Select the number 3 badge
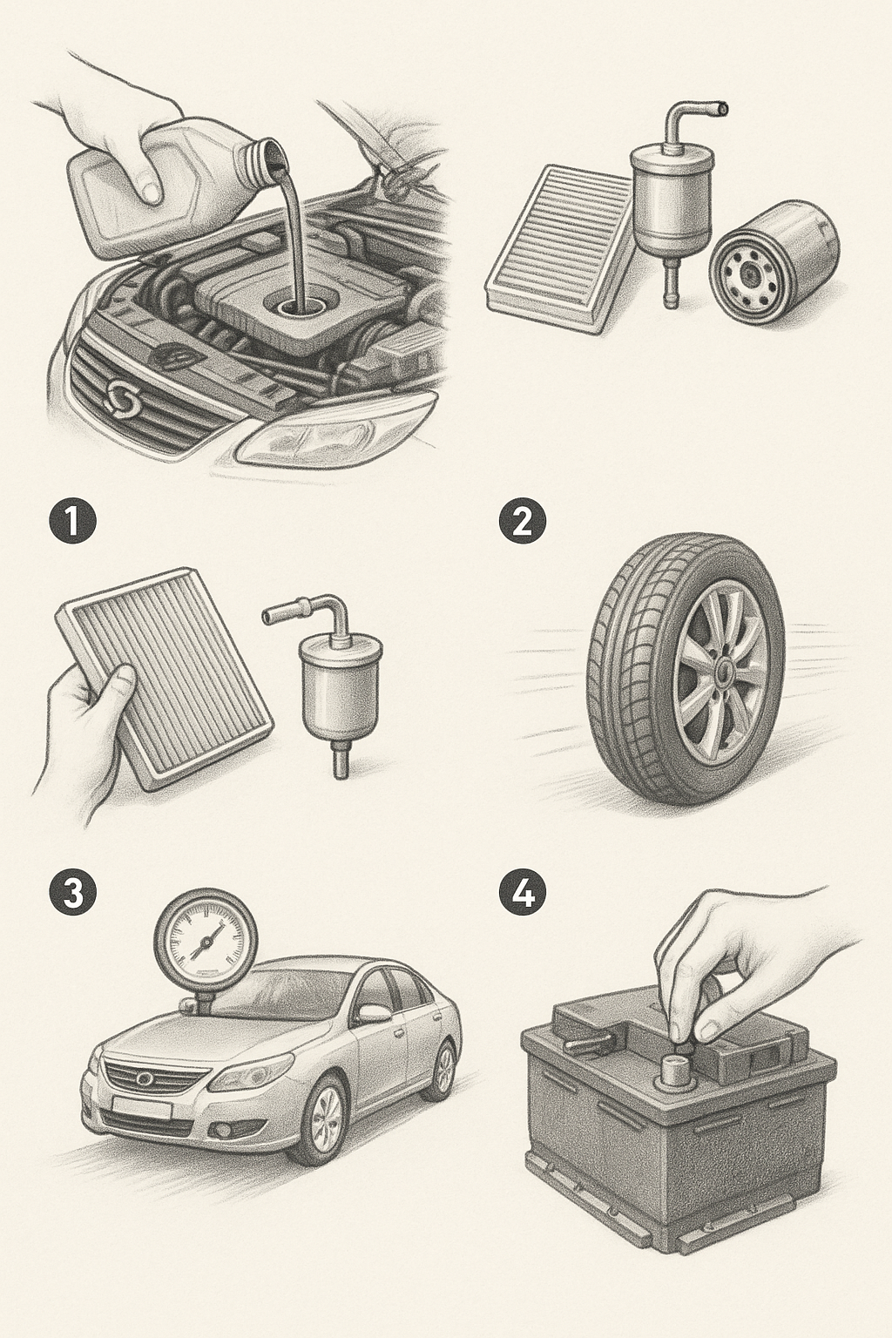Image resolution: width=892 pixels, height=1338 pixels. point(71,895)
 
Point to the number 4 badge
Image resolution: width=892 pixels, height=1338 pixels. point(522,895)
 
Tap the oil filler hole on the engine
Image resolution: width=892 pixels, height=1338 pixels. point(297,307)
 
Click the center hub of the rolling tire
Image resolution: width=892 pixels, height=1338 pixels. point(726,669)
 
